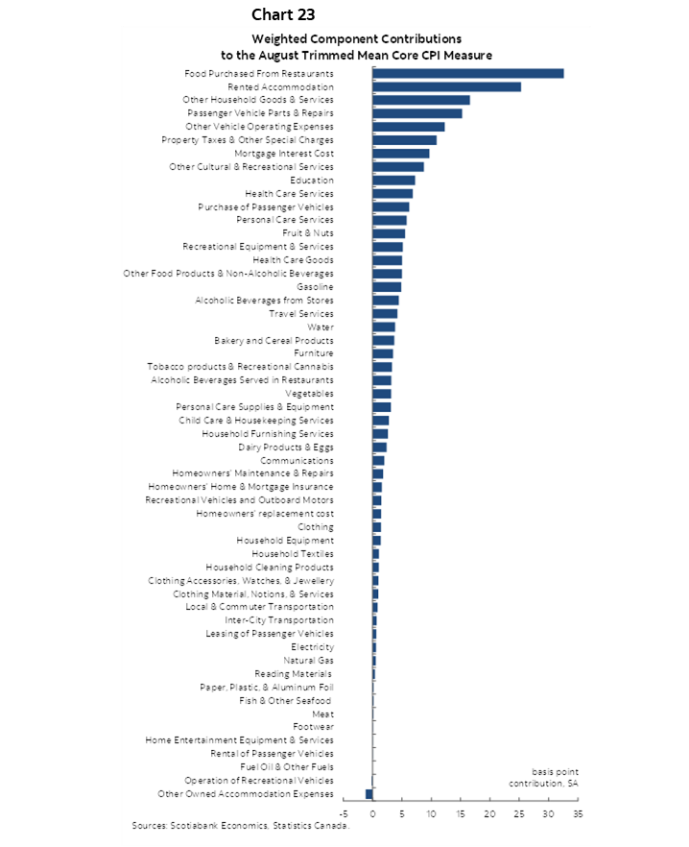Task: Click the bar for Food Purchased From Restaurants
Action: (x=467, y=73)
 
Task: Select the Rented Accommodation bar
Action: (x=446, y=86)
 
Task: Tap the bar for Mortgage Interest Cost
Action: (x=400, y=154)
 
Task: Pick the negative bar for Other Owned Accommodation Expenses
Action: (x=368, y=793)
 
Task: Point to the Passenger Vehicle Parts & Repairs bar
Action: (x=416, y=113)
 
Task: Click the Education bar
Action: (x=393, y=180)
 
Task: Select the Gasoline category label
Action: (x=315, y=287)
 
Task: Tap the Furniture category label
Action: (x=314, y=353)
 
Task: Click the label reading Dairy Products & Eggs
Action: (x=286, y=447)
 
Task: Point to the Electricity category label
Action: (x=312, y=647)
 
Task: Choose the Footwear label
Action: (x=313, y=727)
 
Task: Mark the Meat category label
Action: (x=322, y=714)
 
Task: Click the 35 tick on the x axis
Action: (x=578, y=813)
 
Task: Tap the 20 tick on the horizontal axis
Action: (x=489, y=813)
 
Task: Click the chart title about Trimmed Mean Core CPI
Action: (x=357, y=47)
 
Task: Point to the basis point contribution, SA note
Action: (x=543, y=778)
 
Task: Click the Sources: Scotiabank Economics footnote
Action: (x=241, y=825)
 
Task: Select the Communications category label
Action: (x=297, y=460)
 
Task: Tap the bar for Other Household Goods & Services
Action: (x=420, y=100)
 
